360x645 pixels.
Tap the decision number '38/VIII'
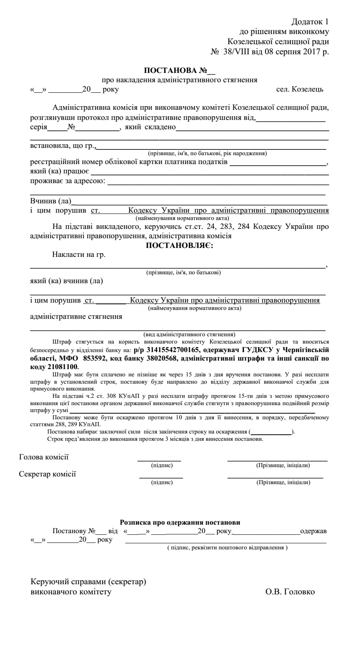[x=237, y=52]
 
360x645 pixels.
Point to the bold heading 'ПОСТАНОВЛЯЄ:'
[x=179, y=246]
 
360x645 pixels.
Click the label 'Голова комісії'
[x=44, y=457]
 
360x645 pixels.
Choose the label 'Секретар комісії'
[x=47, y=474]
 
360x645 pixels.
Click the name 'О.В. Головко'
[x=290, y=592]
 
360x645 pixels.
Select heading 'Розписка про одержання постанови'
[x=180, y=523]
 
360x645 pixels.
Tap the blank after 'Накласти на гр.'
[x=178, y=264]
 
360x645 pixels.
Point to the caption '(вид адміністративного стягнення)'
[x=189, y=335]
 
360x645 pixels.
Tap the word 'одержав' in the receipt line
[x=313, y=531]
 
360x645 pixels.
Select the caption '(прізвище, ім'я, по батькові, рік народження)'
[x=207, y=154]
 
